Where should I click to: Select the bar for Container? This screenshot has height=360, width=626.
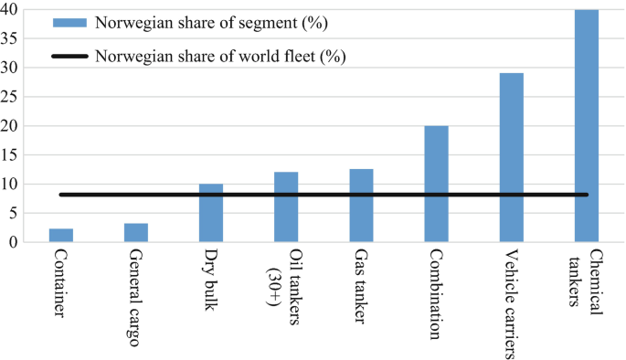click(61, 235)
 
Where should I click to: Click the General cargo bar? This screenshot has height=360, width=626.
click(136, 232)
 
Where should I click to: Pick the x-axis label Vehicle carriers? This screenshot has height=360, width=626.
click(511, 298)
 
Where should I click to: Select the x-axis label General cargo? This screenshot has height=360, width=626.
click(136, 298)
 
